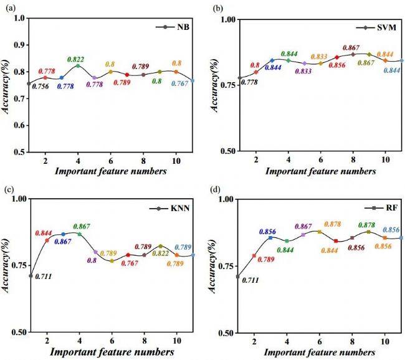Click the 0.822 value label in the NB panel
click(x=78, y=58)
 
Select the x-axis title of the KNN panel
click(x=112, y=352)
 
